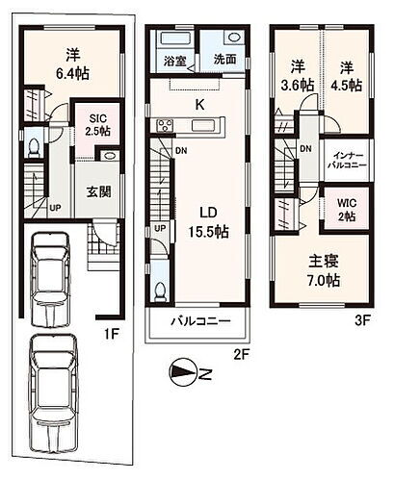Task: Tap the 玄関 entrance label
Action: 97,190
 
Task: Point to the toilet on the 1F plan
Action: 36,147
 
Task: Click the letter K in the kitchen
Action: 199,103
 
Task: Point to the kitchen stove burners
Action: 165,126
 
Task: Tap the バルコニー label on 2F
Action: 199,321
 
